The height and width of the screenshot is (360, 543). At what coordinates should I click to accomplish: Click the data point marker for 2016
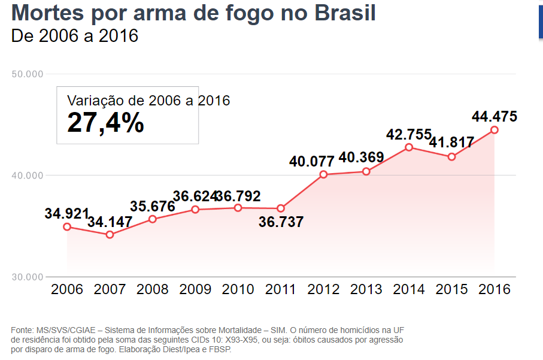coord(495,130)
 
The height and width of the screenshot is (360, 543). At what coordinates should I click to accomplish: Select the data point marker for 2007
coord(110,235)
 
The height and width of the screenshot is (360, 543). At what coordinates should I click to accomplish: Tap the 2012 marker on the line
coord(323,175)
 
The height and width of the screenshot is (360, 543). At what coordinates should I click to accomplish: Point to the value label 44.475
coord(495,116)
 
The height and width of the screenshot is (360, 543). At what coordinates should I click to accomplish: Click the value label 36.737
coord(281,222)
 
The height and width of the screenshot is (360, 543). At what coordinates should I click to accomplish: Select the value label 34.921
coord(67,213)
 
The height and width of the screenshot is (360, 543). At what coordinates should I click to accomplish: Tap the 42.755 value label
coord(409,135)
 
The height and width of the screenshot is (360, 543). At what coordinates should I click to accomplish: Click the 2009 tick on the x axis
coord(195,289)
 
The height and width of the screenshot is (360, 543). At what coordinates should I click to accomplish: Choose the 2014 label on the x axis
coord(409,289)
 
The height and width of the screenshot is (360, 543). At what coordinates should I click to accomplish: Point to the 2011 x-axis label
coord(280,289)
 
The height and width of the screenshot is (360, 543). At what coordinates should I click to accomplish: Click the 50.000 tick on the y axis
coord(28,74)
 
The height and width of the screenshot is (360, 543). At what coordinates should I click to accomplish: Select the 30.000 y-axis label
coord(28,277)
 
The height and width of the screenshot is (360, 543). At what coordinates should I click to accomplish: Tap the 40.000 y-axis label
coord(28,176)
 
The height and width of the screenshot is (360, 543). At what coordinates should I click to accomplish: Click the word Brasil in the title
coord(340,12)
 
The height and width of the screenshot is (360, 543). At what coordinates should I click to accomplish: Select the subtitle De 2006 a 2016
coord(75,36)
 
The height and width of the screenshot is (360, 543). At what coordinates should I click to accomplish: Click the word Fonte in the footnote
coord(22,330)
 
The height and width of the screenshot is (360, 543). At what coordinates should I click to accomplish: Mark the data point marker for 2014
coord(409,147)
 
